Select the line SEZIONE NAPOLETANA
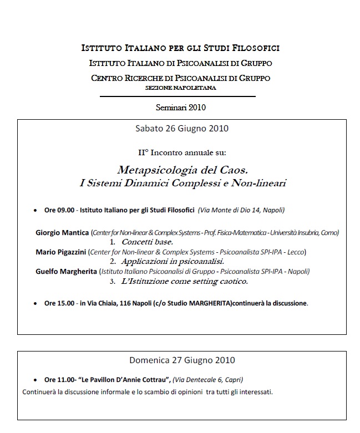click(x=181, y=88)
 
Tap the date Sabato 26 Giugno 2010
click(x=181, y=129)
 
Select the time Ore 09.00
click(x=59, y=211)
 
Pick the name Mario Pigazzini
click(x=61, y=252)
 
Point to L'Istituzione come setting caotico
click(x=185, y=281)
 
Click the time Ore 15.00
click(x=59, y=303)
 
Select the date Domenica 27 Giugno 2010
click(x=182, y=360)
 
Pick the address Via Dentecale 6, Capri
click(x=208, y=380)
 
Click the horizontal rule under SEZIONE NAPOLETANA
click(x=178, y=96)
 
